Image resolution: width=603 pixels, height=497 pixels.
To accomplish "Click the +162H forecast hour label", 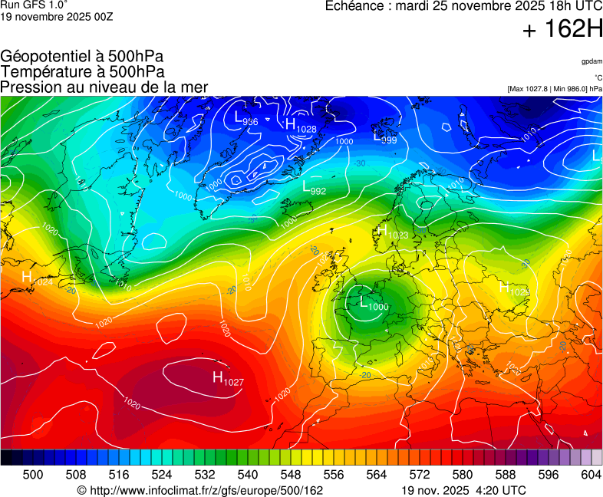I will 562,30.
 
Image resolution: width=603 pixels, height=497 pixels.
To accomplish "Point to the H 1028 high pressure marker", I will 300,126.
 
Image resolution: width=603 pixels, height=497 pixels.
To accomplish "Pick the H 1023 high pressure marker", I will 391,231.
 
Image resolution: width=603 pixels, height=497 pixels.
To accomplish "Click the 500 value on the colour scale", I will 33,475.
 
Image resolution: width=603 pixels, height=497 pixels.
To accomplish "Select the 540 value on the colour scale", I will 249,475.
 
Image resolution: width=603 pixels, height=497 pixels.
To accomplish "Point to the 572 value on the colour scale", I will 420,475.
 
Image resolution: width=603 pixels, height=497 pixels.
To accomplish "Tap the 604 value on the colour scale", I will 591,475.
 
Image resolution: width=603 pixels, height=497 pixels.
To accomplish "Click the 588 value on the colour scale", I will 506,475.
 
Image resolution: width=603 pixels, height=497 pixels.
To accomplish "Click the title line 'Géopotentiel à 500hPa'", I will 82,57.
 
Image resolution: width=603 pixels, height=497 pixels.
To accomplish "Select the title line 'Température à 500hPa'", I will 82,72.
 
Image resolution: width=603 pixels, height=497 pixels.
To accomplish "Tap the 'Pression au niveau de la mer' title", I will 104,87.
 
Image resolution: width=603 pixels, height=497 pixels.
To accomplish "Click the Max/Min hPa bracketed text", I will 555,89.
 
